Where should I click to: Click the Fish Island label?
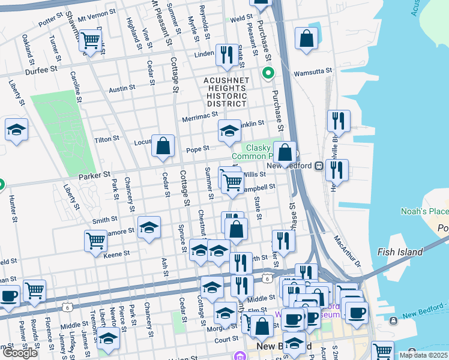pyautogui.click(x=400, y=252)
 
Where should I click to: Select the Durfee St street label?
pyautogui.click(x=41, y=70)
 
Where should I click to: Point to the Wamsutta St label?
pyautogui.click(x=313, y=73)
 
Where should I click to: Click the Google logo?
pyautogui.click(x=19, y=353)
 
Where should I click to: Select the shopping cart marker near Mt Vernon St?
pyautogui.click(x=90, y=41)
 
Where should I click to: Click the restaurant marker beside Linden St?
pyautogui.click(x=226, y=55)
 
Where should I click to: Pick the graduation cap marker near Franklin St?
pyautogui.click(x=229, y=131)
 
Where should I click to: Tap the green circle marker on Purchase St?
pyautogui.click(x=268, y=74)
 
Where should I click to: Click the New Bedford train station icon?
pyautogui.click(x=319, y=166)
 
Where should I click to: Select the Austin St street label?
pyautogui.click(x=122, y=89)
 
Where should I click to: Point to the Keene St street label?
pyautogui.click(x=116, y=254)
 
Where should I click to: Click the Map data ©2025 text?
pyautogui.click(x=423, y=355)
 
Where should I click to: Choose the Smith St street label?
pyautogui.click(x=104, y=220)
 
